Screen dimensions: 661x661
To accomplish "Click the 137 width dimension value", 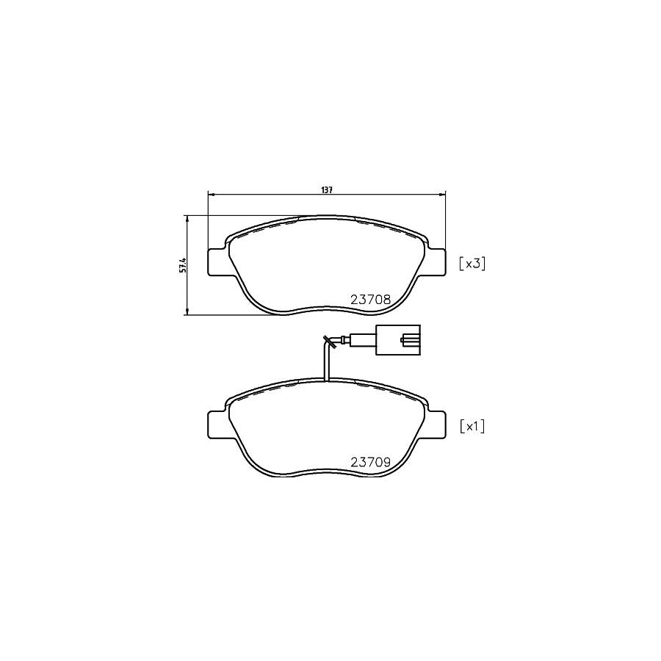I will [x=327, y=189].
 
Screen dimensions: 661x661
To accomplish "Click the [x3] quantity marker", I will [x=472, y=264].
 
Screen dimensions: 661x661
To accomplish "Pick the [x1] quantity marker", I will [x=472, y=426].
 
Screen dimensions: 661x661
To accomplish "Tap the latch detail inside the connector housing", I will [x=408, y=340].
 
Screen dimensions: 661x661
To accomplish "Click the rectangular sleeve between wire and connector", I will [x=362, y=340].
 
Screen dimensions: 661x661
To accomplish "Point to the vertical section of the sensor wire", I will [x=325, y=364].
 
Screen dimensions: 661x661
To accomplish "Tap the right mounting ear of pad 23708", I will [x=436, y=262].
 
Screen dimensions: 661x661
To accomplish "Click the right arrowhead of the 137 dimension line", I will [x=443, y=195].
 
